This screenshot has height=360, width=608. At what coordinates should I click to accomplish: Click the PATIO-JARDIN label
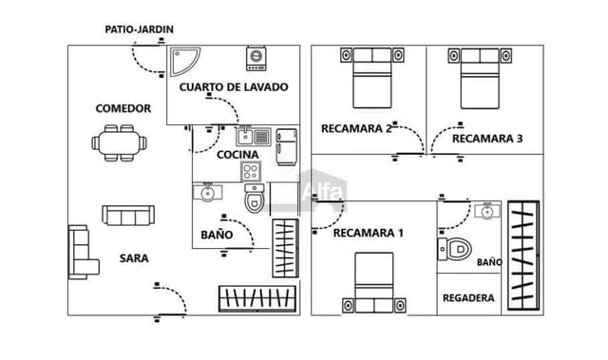(139, 29)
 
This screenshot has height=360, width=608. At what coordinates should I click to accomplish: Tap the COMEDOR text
(123, 108)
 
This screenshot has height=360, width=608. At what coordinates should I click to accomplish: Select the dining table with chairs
(121, 143)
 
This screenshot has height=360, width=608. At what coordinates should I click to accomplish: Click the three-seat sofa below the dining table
(127, 217)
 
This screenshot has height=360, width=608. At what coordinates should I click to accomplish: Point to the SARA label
(133, 257)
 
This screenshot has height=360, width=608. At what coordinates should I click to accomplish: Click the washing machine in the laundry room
(256, 59)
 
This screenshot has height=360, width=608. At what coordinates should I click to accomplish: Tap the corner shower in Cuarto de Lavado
(183, 62)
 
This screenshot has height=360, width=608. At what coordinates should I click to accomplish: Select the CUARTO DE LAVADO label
(233, 87)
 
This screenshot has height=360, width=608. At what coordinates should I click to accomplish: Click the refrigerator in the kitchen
(287, 147)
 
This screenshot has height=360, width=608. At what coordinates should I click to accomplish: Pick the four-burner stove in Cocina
(251, 172)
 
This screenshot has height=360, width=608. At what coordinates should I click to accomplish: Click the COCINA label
(237, 155)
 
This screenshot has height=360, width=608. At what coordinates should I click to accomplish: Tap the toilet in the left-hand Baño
(255, 200)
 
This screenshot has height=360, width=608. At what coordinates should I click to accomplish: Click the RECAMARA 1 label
(368, 233)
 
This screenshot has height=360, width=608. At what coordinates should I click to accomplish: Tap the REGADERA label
(468, 298)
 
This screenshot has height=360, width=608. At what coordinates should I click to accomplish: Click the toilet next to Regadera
(455, 251)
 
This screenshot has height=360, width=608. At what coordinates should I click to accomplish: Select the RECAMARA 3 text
(486, 139)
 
